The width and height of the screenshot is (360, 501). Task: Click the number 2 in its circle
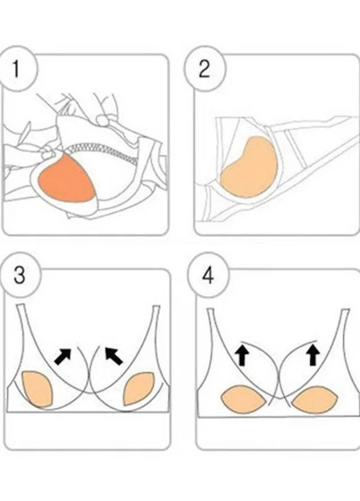click(x=205, y=69)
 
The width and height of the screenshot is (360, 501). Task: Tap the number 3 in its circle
click(x=20, y=275)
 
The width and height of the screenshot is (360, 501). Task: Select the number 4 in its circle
click(x=208, y=276)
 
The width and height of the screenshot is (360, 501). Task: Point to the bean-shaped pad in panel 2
click(x=249, y=167)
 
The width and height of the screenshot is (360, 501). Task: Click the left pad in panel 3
click(x=37, y=389)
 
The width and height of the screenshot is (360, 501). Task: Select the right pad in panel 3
click(x=139, y=388)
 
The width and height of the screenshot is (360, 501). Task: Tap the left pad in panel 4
click(x=244, y=400)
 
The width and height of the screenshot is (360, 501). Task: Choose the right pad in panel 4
click(x=316, y=400)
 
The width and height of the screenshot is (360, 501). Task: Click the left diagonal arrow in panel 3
click(x=63, y=356)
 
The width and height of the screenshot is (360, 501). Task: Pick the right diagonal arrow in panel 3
click(x=114, y=356)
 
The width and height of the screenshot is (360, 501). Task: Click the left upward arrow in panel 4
click(x=242, y=355)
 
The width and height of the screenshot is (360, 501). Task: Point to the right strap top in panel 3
click(x=156, y=307)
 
